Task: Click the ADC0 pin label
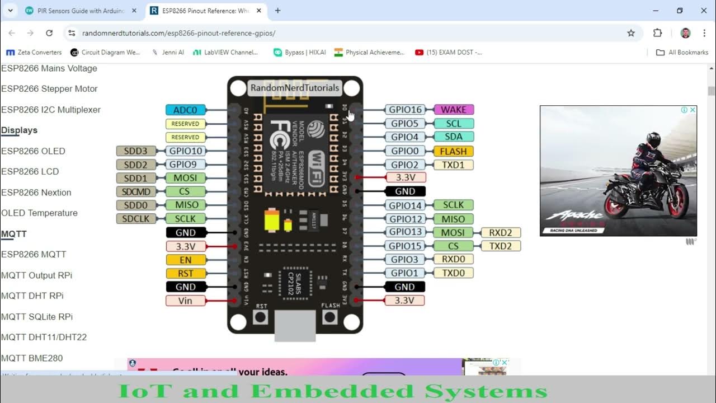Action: coord(185,110)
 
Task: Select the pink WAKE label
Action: coord(454,110)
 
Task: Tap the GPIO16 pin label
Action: coord(406,110)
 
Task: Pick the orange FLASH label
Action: coord(453,151)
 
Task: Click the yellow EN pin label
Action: coord(186,260)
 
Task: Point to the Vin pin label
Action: coord(185,301)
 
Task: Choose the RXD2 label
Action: coord(501,232)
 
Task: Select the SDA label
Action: coord(454,137)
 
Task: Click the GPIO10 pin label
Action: coord(185,151)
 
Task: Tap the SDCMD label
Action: coord(136,191)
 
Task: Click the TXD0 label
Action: coord(453,273)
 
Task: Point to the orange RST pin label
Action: coord(186,273)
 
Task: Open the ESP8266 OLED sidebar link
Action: coord(33,151)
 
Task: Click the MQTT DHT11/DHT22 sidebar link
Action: coord(44,337)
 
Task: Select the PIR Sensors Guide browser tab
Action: coord(78,11)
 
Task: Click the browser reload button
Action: coord(49,33)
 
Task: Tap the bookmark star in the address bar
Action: coord(631,33)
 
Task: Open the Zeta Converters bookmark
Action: coord(34,52)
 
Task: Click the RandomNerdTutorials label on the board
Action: coord(295,88)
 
